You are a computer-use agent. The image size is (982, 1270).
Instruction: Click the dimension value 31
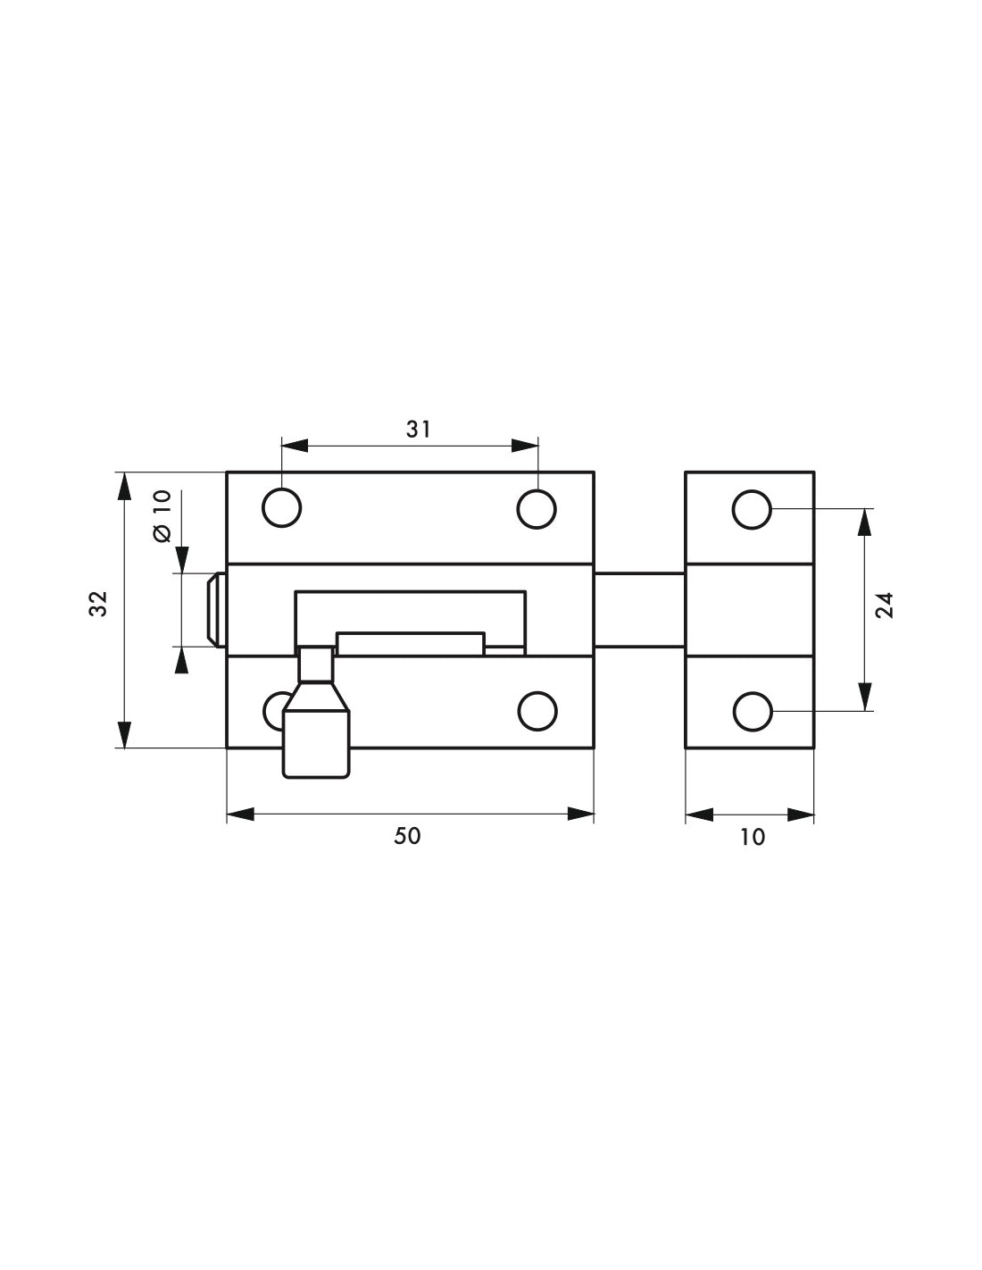419,430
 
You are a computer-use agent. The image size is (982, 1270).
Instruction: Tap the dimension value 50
407,836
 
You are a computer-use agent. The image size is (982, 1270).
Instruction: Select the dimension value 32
99,604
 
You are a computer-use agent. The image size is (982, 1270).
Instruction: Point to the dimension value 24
885,606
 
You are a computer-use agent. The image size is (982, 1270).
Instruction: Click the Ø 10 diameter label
163,516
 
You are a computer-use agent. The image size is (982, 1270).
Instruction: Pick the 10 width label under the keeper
753,838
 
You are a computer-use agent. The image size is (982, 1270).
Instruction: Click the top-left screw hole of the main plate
281,508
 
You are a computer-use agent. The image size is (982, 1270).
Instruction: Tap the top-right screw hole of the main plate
537,509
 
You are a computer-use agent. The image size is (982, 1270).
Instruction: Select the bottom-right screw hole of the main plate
537,711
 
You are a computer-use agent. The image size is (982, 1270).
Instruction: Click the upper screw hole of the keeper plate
752,510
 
